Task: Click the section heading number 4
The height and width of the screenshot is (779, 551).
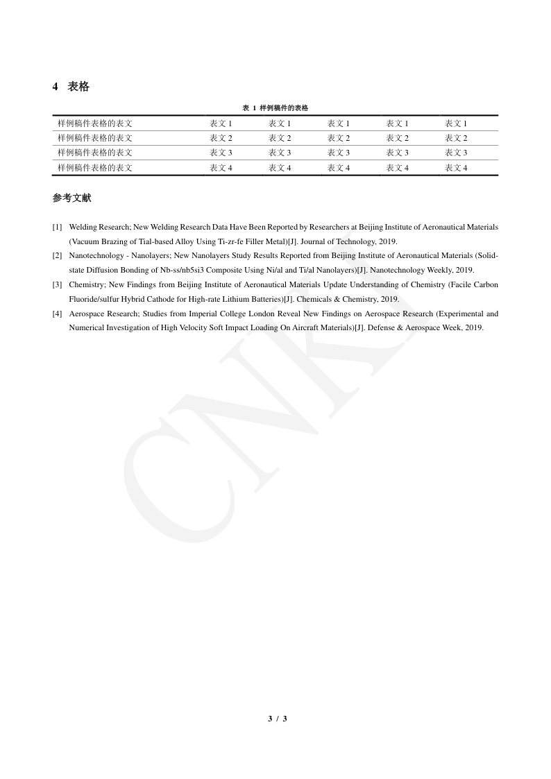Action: [x=56, y=87]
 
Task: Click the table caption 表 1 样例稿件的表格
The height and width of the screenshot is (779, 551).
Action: [x=275, y=108]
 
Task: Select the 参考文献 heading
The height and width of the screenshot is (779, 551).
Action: [x=71, y=198]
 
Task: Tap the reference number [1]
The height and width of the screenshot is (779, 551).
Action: [x=57, y=228]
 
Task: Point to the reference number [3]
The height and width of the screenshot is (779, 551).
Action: [x=57, y=285]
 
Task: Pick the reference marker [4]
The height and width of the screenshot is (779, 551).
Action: [x=57, y=314]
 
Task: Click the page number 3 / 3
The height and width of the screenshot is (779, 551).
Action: [x=277, y=719]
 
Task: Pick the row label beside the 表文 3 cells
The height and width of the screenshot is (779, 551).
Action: [x=95, y=153]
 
